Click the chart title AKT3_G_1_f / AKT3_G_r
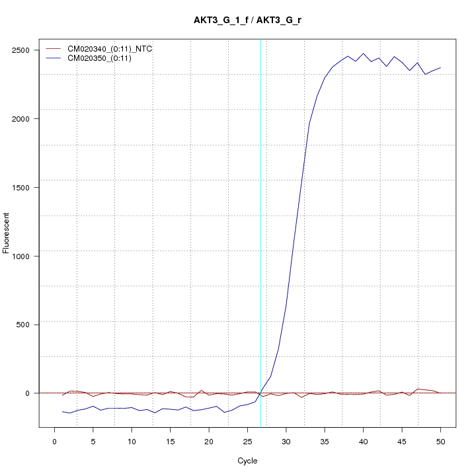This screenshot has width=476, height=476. pyautogui.click(x=248, y=20)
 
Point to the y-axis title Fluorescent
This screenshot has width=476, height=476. pyautogui.click(x=7, y=233)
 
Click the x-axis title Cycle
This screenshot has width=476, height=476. pyautogui.click(x=247, y=461)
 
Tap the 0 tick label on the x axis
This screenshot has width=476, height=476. pyautogui.click(x=55, y=441)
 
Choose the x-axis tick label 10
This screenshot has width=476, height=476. pyautogui.click(x=132, y=441)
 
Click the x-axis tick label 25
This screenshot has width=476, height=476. pyautogui.click(x=247, y=441)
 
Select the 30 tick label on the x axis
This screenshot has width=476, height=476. pyautogui.click(x=286, y=441)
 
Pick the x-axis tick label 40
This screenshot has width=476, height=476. pyautogui.click(x=363, y=441)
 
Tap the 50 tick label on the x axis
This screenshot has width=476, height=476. pyautogui.click(x=440, y=441)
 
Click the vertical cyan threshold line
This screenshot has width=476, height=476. pyautogui.click(x=260, y=231)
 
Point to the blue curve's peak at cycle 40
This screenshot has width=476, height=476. pyautogui.click(x=363, y=54)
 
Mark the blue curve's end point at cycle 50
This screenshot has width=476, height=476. pyautogui.click(x=440, y=67)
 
